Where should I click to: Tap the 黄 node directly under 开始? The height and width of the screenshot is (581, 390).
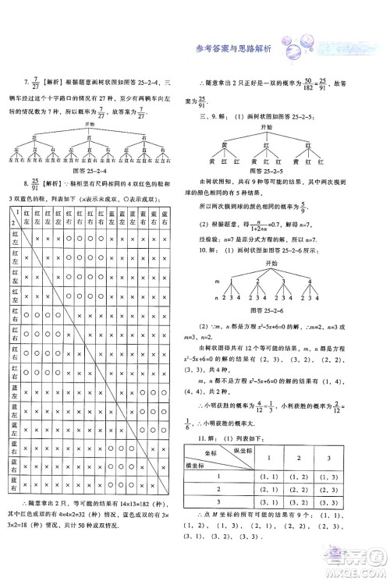pos(224,144)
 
